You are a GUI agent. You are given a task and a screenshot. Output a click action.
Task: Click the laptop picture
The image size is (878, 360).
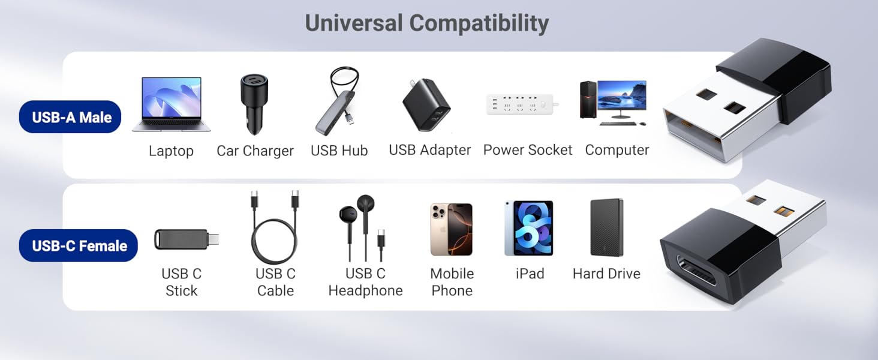pos(171,103)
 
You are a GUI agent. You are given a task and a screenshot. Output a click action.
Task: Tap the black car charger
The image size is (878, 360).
pos(254,103)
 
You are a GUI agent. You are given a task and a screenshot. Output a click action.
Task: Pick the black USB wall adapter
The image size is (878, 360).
pos(426,105)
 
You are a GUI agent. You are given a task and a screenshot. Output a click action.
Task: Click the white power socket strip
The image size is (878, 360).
pos(521,104)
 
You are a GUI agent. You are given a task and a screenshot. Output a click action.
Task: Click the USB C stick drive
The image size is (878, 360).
pos(186,239)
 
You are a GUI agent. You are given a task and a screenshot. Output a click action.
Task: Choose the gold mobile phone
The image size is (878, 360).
pos(452,229)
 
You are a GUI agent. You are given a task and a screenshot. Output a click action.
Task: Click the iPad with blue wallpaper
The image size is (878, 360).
pos(529,229)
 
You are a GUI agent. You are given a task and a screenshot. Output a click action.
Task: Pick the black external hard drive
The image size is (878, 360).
pos(607,228)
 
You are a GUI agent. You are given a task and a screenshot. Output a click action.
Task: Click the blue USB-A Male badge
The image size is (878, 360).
pos(71,117)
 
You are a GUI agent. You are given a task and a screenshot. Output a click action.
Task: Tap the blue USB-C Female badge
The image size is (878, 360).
pos(79,245)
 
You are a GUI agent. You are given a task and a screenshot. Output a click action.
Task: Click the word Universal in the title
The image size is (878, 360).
pos(354,23)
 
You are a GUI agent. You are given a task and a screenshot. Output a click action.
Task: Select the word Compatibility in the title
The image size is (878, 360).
pos(479,23)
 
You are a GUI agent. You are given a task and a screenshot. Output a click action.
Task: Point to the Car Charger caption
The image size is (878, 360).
pos(255,151)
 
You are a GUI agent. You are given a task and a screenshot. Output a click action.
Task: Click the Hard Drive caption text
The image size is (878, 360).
pos(606,274)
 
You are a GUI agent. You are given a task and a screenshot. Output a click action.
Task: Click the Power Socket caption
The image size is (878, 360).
pos(528,150)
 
